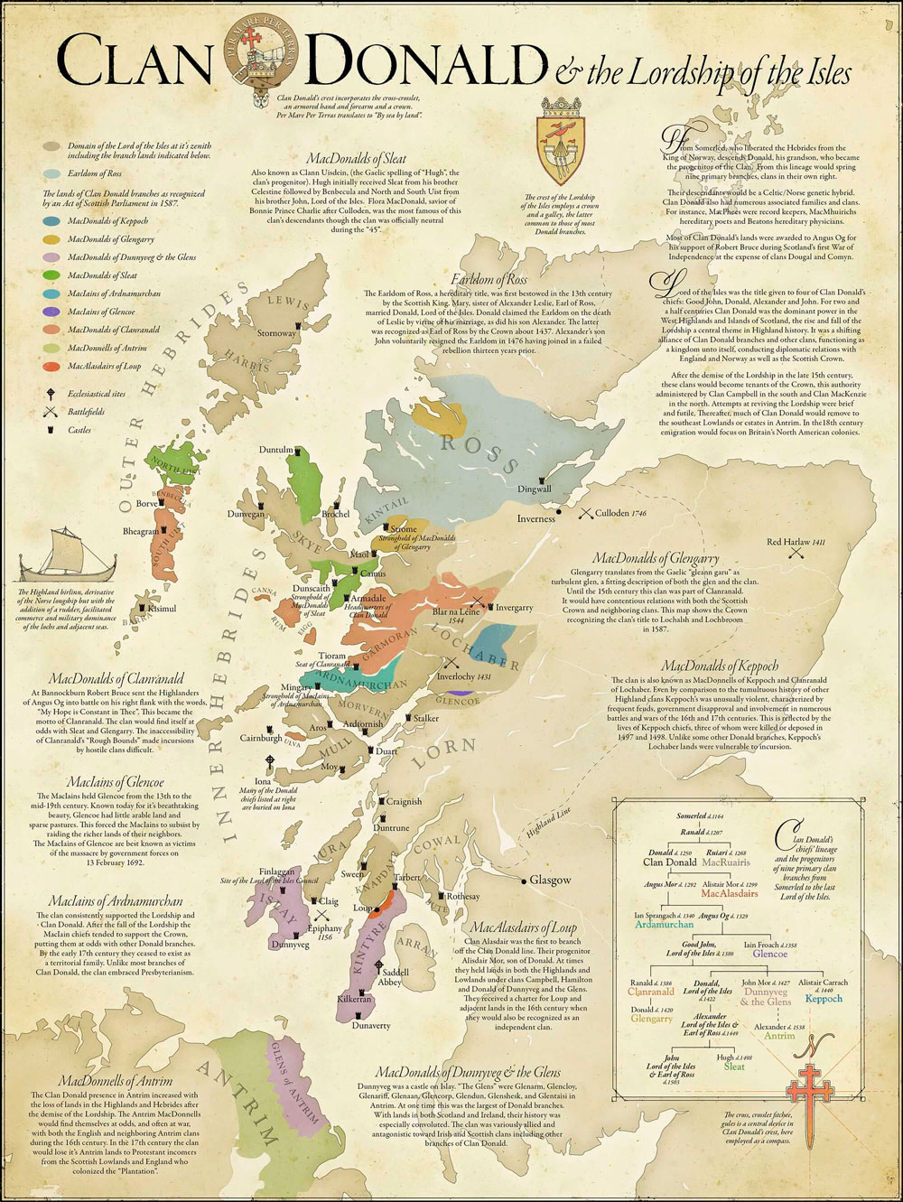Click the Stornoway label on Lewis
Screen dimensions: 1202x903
pyautogui.click(x=276, y=333)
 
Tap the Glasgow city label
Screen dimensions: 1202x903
pyautogui.click(x=550, y=880)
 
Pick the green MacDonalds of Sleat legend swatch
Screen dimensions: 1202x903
pyautogui.click(x=51, y=275)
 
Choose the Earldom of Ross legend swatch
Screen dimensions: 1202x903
pyautogui.click(x=51, y=172)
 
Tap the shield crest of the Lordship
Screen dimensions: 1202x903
pyautogui.click(x=559, y=145)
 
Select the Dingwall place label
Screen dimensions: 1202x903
pyautogui.click(x=534, y=489)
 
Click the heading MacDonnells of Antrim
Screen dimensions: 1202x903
pyautogui.click(x=115, y=1080)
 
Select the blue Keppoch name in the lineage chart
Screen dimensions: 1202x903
pyautogui.click(x=823, y=999)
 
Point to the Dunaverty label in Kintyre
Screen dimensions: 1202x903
pyautogui.click(x=371, y=1025)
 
